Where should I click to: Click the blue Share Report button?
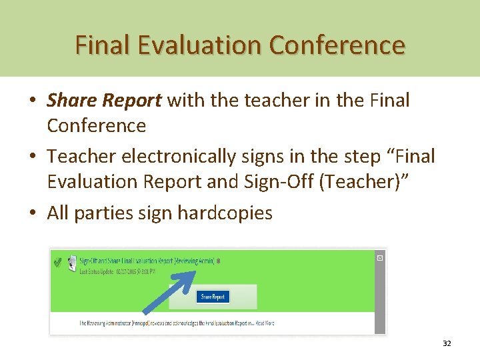tap(213, 297)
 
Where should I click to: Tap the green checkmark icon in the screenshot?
tap(58, 263)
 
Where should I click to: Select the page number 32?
tap(447, 344)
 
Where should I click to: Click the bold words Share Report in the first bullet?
tap(104, 101)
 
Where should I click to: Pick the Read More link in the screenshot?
tap(265, 323)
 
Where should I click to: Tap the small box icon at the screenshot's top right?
tap(379, 257)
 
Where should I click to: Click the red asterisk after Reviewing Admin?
tap(218, 261)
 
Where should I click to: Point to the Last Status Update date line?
tap(117, 271)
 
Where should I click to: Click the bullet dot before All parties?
tap(33, 213)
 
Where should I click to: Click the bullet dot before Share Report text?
tap(33, 101)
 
